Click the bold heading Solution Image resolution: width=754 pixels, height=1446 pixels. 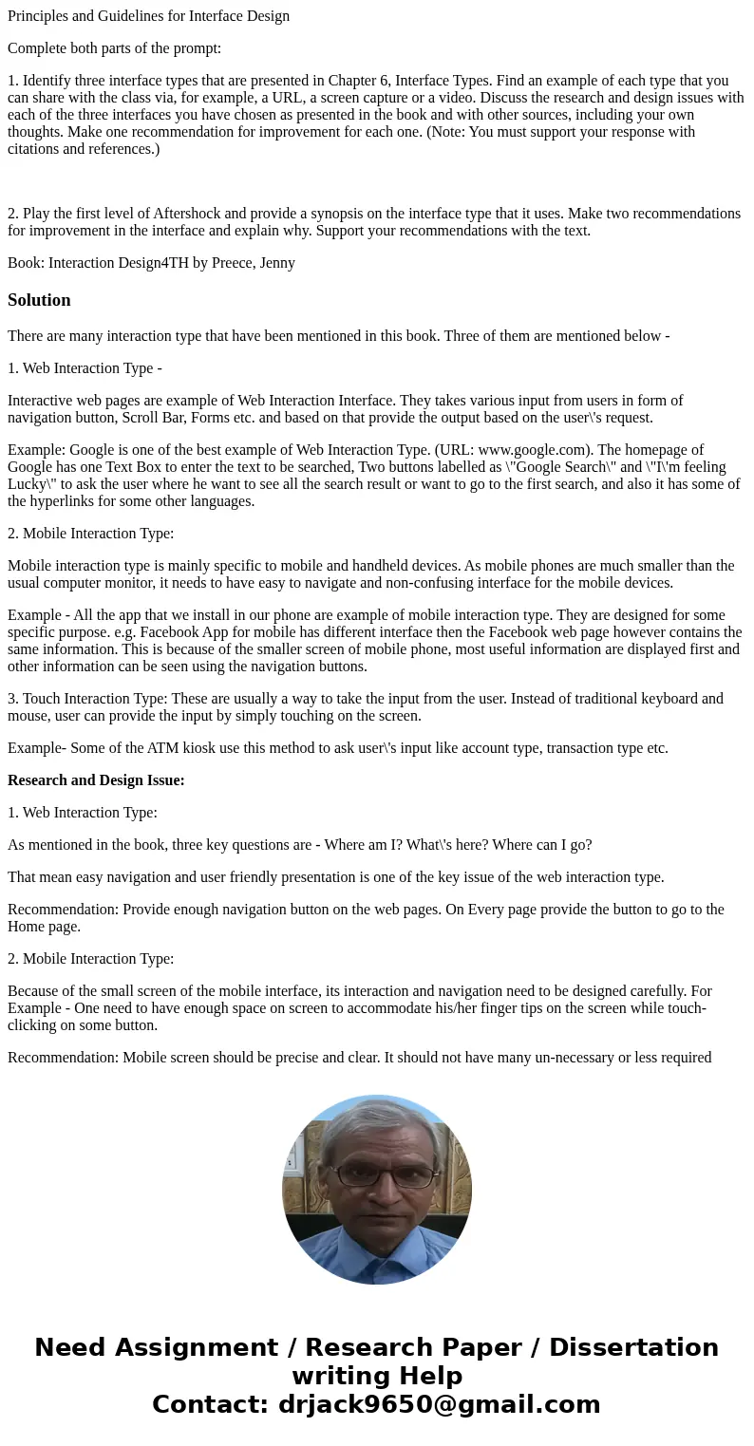[39, 300]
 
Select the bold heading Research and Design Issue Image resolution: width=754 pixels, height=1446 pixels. [96, 780]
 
